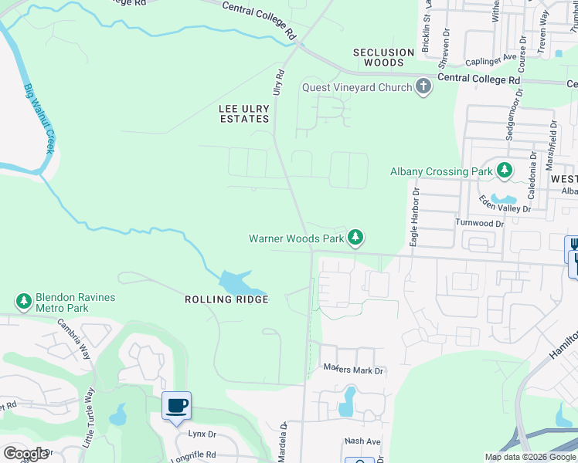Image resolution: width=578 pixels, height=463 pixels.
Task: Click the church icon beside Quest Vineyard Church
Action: [423, 87]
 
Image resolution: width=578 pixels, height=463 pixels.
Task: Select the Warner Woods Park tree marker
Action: [355, 238]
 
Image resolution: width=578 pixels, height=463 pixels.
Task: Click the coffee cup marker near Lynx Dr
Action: [176, 405]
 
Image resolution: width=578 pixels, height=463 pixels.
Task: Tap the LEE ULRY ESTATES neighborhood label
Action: [243, 113]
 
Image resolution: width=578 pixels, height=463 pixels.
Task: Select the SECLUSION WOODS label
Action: [384, 58]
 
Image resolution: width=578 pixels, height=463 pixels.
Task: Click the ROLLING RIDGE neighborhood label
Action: [226, 299]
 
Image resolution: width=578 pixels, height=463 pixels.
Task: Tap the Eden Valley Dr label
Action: [505, 204]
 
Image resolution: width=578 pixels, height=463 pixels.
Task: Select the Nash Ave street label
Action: [362, 441]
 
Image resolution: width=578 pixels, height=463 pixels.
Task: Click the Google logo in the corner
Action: [25, 454]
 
